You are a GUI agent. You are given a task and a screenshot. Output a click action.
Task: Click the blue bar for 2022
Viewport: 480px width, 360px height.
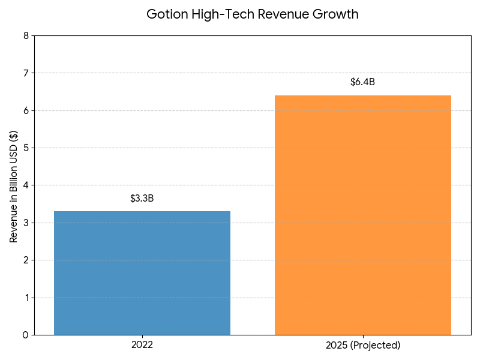pyautogui.click(x=142, y=273)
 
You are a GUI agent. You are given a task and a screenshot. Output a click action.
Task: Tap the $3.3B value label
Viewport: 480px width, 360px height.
pyautogui.click(x=142, y=199)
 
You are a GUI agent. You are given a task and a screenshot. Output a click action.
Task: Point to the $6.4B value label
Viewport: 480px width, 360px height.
pyautogui.click(x=362, y=82)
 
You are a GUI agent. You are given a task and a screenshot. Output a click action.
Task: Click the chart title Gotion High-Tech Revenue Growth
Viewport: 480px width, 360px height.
pyautogui.click(x=253, y=14)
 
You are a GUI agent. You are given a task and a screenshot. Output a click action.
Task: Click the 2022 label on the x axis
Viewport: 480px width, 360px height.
pyautogui.click(x=142, y=345)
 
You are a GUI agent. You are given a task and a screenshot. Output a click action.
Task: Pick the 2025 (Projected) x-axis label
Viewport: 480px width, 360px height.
pyautogui.click(x=362, y=345)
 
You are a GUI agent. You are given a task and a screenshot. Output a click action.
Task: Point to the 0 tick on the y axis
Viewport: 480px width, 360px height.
pyautogui.click(x=26, y=335)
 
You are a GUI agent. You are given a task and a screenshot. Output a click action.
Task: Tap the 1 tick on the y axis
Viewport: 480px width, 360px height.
pyautogui.click(x=26, y=298)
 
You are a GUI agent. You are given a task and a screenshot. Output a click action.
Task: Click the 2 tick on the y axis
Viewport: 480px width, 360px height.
pyautogui.click(x=26, y=260)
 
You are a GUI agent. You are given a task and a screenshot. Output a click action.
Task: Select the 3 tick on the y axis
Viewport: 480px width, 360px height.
pyautogui.click(x=26, y=223)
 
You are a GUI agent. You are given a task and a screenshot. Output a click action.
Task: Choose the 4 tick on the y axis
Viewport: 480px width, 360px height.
pyautogui.click(x=26, y=185)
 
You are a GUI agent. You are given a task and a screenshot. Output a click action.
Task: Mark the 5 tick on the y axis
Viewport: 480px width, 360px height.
pyautogui.click(x=26, y=148)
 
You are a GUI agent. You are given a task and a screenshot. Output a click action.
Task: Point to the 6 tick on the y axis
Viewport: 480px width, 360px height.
pyautogui.click(x=26, y=110)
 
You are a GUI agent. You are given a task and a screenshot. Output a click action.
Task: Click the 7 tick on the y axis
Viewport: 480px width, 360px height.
pyautogui.click(x=26, y=73)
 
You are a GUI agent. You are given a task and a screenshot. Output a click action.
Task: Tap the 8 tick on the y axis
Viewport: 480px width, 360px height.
pyautogui.click(x=26, y=36)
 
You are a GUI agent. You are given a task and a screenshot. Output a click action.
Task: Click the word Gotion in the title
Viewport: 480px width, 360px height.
pyautogui.click(x=167, y=14)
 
